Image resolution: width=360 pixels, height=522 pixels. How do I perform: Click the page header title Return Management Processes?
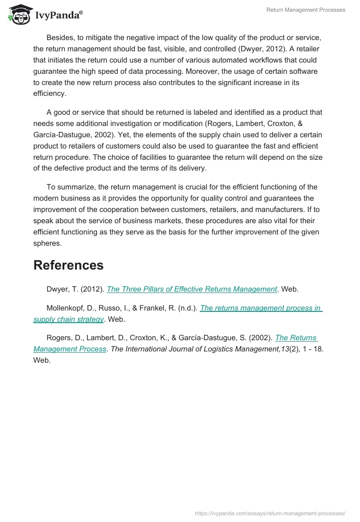306,10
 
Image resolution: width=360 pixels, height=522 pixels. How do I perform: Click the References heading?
68,265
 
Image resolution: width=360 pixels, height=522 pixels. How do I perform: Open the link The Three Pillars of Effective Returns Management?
192,289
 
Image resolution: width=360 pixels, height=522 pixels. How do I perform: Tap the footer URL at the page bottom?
270,513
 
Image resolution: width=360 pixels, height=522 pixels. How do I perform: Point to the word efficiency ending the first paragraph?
49,94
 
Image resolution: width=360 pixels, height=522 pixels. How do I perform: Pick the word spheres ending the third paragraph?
48,243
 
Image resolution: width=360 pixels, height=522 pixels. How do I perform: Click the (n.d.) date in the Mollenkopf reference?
187,308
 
